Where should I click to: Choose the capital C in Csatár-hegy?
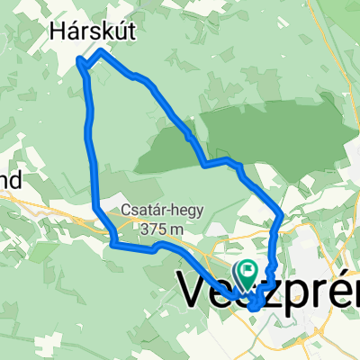tap(125, 213)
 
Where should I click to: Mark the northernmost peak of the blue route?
tap(100, 52)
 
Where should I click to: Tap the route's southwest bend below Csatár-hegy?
tap(112, 243)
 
